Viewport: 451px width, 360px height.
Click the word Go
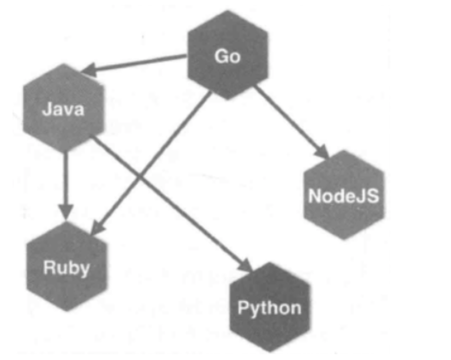click(x=227, y=57)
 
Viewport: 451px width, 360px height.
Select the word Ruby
click(x=66, y=267)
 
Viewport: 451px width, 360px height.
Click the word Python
click(x=269, y=308)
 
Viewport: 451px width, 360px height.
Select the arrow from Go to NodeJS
click(x=291, y=120)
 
